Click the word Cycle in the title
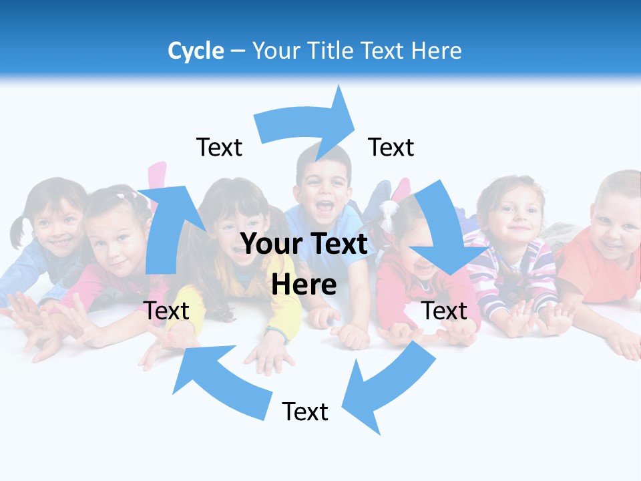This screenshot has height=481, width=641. [196, 51]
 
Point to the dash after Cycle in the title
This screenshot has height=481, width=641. [238, 51]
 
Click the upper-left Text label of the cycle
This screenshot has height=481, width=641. [219, 147]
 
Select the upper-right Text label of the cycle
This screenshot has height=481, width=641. [391, 147]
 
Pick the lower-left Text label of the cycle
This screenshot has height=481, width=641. [166, 311]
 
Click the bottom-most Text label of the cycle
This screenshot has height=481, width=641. [305, 412]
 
